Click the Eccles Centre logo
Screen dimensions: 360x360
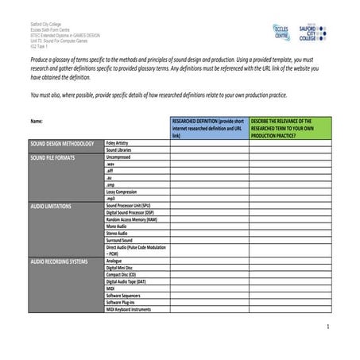[281, 32]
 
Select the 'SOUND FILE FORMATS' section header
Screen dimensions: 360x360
[55, 157]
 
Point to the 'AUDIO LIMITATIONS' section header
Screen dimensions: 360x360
[51, 206]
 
